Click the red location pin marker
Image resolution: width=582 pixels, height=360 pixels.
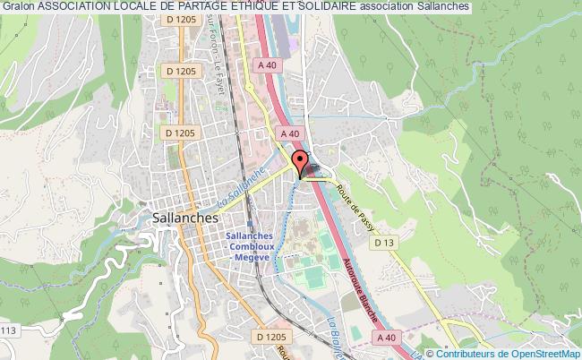(301, 165)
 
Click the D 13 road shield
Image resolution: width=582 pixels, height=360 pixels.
(385, 242)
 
